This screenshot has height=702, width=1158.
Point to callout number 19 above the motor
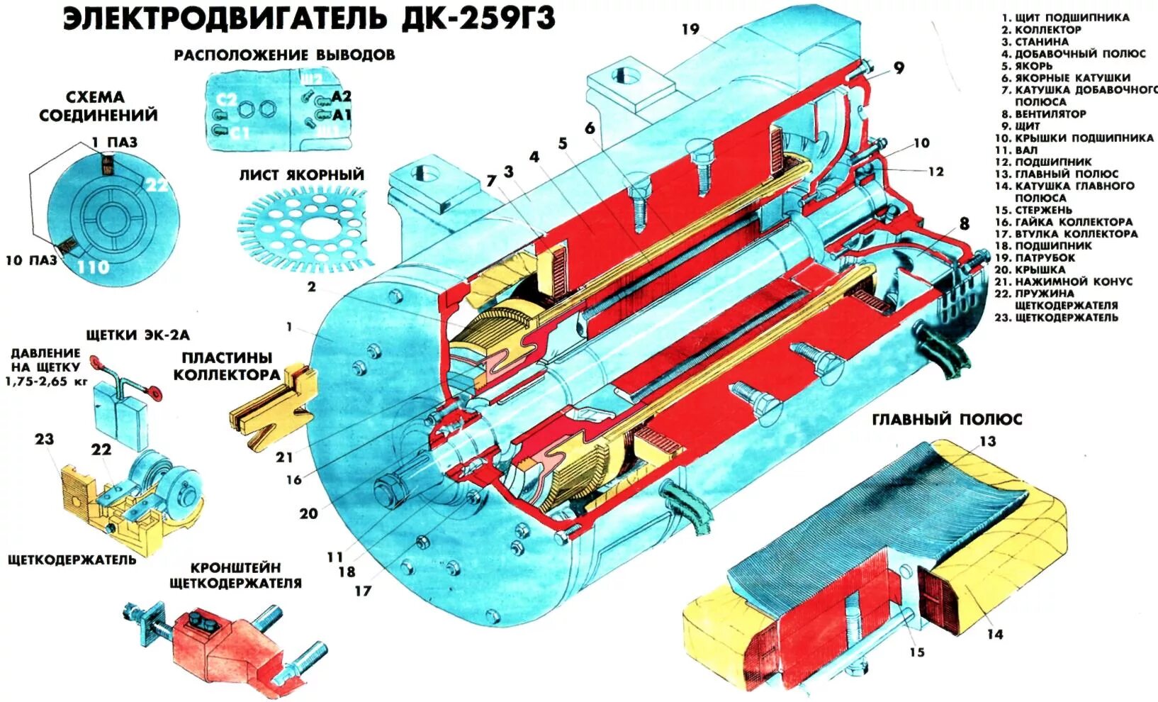690,29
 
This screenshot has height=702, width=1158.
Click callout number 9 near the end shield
899,68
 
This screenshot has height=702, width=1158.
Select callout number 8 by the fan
964,224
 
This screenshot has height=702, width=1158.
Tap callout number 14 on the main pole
995,634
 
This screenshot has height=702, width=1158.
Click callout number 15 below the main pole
917,652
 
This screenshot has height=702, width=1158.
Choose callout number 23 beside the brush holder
44,439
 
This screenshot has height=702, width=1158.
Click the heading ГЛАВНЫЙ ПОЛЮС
947,419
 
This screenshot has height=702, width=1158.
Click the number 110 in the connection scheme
93,267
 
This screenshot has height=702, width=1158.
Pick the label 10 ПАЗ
31,260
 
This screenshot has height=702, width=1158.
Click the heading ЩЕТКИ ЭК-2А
137,334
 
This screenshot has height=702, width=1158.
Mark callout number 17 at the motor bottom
362,590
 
